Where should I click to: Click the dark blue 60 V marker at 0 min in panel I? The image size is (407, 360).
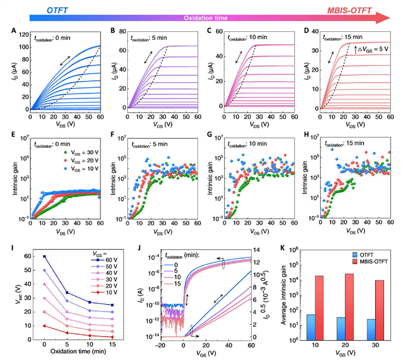(44, 256)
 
